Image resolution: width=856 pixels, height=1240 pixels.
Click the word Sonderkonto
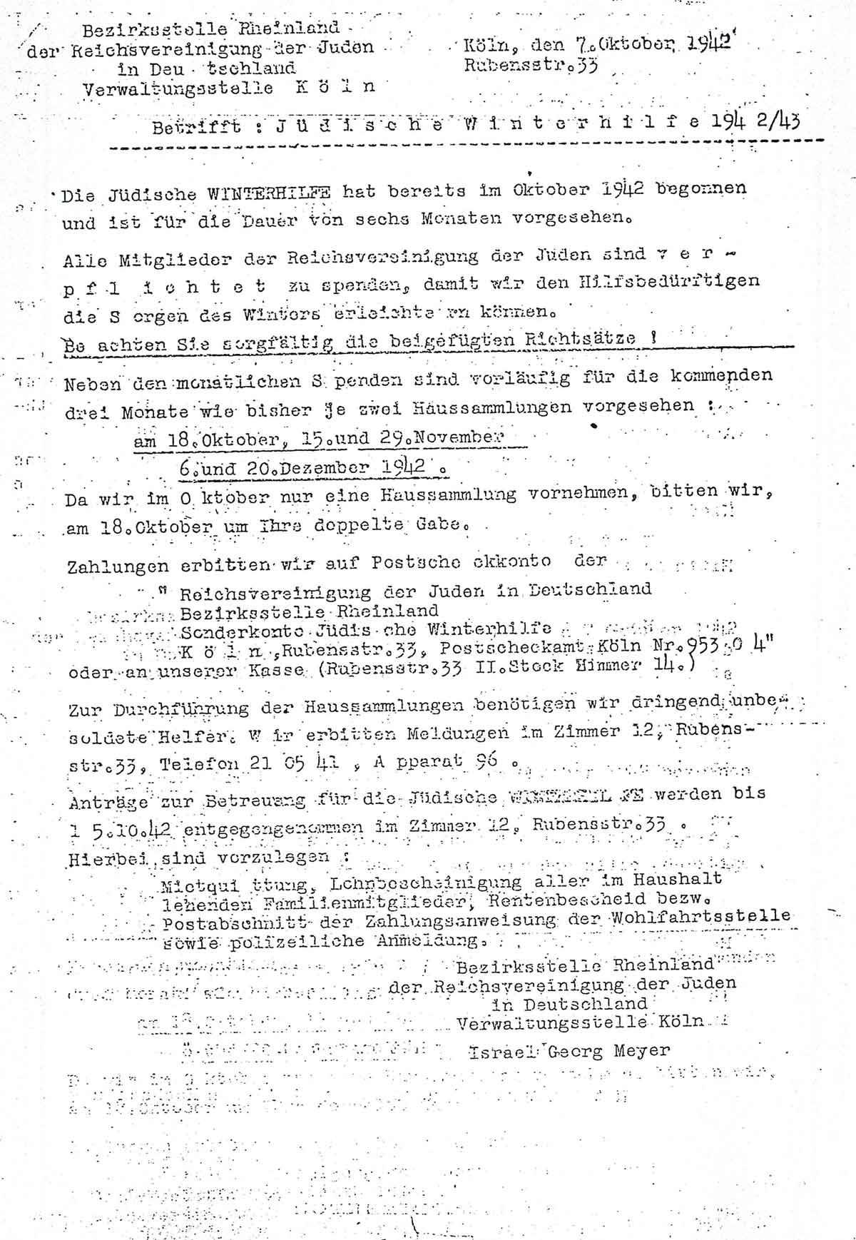point(230,631)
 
